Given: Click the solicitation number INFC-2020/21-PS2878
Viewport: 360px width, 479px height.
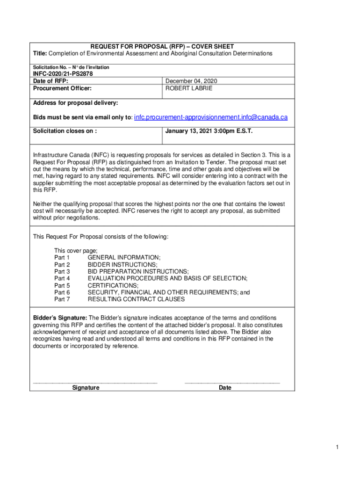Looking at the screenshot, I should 62,74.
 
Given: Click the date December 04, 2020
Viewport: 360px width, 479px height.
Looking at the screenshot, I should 191,81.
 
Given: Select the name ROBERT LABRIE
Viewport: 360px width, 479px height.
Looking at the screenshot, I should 189,88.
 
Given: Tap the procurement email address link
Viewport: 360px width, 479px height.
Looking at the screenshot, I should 211,117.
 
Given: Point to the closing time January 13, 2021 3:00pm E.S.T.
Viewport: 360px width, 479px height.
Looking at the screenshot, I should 209,131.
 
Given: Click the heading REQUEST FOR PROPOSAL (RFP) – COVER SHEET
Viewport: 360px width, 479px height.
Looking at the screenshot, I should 162,47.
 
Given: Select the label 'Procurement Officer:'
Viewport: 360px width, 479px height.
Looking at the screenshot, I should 62,88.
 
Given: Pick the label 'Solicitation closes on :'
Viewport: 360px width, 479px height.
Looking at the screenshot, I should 65,131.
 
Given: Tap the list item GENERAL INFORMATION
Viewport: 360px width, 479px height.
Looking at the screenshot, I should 124,258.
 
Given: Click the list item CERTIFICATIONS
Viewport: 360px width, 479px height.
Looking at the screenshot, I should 113,285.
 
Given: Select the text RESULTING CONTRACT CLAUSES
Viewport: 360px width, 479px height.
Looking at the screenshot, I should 136,299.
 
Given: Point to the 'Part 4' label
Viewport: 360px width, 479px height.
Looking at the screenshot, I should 62,278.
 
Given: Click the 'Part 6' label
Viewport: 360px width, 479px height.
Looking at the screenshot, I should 62,292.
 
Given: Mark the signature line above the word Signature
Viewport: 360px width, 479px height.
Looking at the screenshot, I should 95,383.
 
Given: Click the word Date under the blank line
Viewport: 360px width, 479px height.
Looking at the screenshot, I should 225,388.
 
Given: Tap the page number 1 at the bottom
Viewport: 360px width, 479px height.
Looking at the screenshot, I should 336,448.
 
